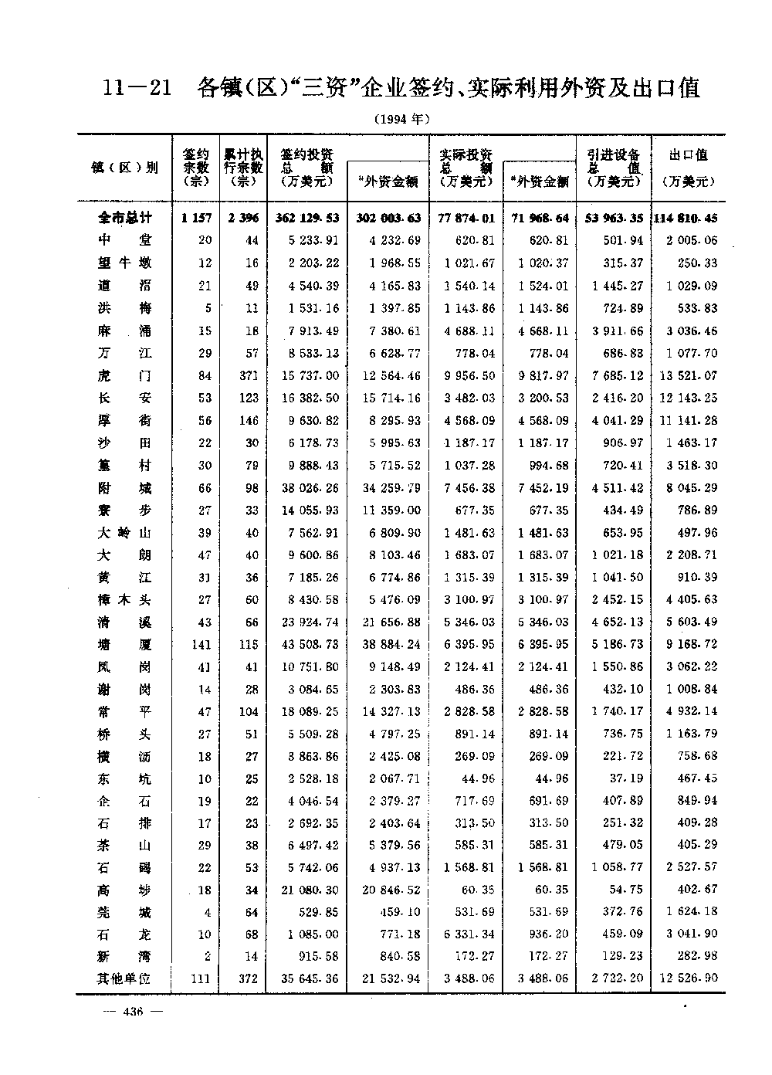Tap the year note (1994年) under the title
click(x=400, y=119)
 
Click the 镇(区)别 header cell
click(x=124, y=168)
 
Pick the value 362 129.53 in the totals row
click(x=307, y=219)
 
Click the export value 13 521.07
click(x=689, y=375)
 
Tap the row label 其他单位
click(x=124, y=978)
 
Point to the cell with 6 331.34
click(x=469, y=934)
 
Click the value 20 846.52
click(x=391, y=890)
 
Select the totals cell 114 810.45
click(x=686, y=219)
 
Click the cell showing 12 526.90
click(x=689, y=978)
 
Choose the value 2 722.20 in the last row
click(x=617, y=978)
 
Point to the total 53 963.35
click(x=614, y=219)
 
